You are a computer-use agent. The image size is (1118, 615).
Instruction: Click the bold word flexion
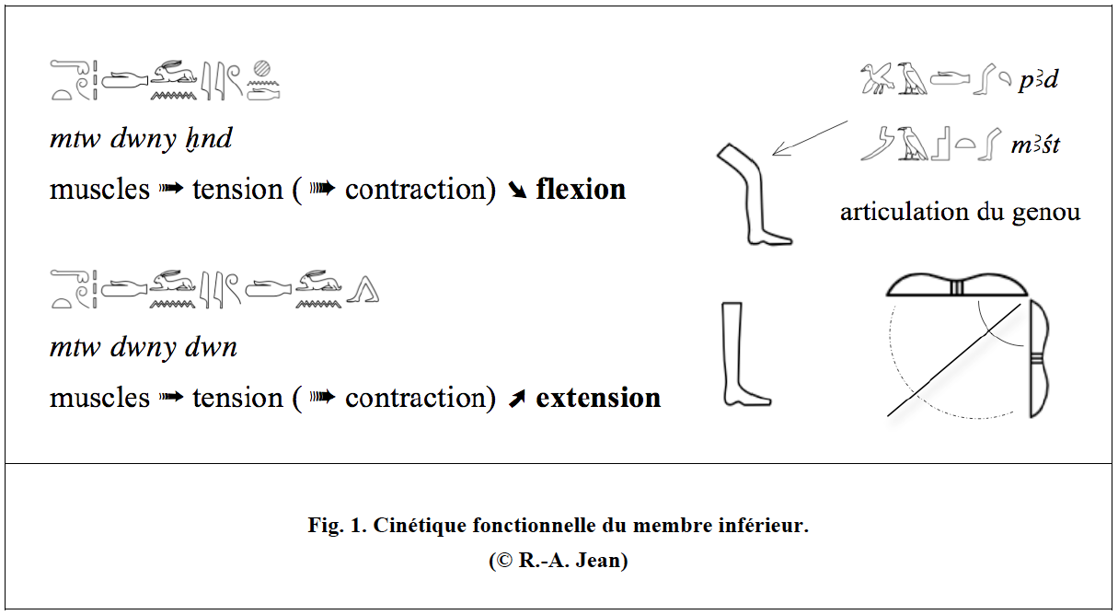pos(581,190)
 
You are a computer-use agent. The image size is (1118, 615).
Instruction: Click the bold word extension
pos(598,399)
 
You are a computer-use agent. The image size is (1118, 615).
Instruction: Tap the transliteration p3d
pos(1038,80)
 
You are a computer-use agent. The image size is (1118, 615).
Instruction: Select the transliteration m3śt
pos(1035,145)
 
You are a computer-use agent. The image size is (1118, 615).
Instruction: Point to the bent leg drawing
pos(754,194)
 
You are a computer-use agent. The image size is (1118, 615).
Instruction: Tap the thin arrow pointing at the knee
pos(810,138)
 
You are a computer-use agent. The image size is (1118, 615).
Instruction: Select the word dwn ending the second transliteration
pos(211,347)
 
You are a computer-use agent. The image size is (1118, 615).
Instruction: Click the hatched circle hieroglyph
pos(262,68)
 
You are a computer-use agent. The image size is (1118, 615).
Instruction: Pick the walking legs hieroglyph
pos(363,289)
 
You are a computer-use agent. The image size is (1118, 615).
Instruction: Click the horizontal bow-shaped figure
pos(956,285)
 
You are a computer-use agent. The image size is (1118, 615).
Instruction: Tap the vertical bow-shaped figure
pos(1040,358)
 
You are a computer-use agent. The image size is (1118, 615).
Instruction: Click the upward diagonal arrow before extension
pos(517,399)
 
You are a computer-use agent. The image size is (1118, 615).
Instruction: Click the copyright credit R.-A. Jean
pos(558,561)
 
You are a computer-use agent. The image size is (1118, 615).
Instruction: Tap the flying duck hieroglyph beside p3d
pos(876,78)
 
